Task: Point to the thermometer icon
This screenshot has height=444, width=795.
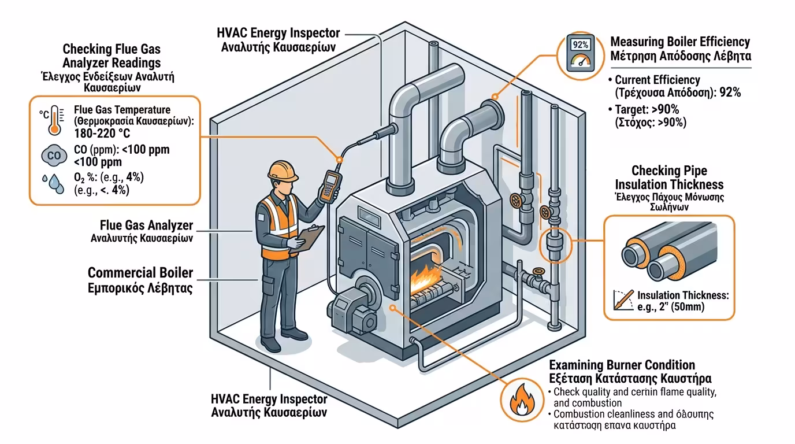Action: (55, 119)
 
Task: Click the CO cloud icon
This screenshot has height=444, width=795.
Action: (53, 156)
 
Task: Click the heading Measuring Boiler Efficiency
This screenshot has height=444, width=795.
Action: (680, 42)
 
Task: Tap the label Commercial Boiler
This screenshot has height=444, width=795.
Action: (140, 273)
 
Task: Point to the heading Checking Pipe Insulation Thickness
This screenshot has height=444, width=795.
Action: (669, 177)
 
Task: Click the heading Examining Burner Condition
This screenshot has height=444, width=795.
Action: (622, 365)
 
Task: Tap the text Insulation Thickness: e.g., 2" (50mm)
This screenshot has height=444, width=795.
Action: (682, 301)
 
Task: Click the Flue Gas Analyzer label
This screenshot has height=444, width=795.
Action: (146, 225)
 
